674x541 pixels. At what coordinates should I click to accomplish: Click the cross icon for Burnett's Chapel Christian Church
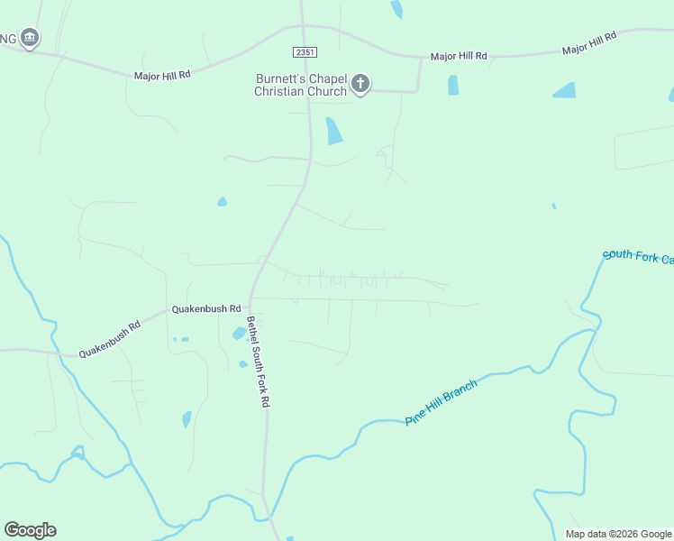(x=360, y=85)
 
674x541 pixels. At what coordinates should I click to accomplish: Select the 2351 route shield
(x=304, y=54)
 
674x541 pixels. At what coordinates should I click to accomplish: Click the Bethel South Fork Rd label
(x=259, y=362)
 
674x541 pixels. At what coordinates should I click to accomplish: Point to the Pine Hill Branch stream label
(x=441, y=402)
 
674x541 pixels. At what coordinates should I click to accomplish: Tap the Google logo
(x=30, y=530)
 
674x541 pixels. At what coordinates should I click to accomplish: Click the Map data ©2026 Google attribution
(x=618, y=534)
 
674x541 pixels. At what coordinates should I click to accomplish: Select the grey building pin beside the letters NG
(x=31, y=38)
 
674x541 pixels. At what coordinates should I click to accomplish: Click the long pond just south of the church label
(x=333, y=131)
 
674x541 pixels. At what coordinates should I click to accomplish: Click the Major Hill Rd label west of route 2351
(x=162, y=76)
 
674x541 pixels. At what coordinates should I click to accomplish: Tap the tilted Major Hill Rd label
(x=589, y=43)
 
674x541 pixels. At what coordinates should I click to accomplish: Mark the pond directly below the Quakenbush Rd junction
(x=240, y=332)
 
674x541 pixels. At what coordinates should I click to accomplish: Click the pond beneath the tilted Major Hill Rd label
(x=565, y=90)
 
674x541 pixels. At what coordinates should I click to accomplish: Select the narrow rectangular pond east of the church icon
(x=453, y=85)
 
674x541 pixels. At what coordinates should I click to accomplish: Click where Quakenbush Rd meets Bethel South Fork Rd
(x=250, y=299)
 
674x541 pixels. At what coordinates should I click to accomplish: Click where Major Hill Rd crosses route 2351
(x=303, y=27)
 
